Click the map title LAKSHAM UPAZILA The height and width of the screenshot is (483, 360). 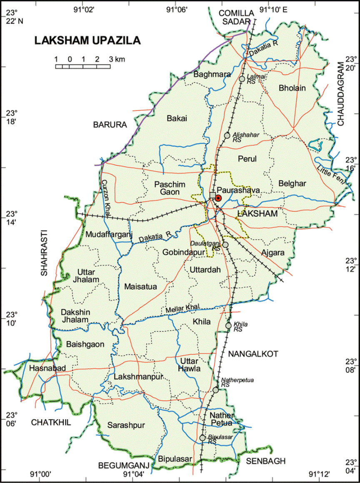(87, 40)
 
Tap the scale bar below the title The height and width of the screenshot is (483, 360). (83, 66)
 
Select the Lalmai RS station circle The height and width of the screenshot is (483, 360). (242, 79)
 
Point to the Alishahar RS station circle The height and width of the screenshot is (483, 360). (227, 135)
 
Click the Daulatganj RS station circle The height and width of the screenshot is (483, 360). (225, 245)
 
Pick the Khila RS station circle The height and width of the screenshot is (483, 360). (229, 325)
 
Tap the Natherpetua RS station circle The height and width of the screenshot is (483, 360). (216, 390)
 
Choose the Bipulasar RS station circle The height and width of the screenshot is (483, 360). (202, 438)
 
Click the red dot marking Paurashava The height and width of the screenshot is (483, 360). (218, 198)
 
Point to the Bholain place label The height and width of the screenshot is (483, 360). (292, 88)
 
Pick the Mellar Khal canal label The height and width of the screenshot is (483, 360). (182, 309)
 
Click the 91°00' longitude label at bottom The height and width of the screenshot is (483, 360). (41, 474)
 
